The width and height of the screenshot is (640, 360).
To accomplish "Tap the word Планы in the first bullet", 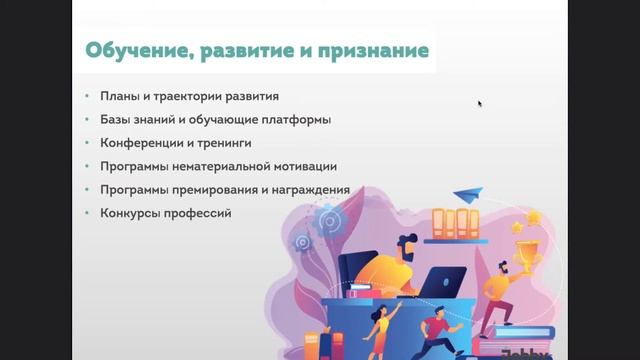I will click(121, 97).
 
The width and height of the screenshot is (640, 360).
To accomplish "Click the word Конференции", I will click(138, 143).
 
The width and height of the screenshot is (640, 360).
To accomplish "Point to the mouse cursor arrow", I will click(480, 103).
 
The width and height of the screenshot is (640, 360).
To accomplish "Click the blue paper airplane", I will click(467, 194).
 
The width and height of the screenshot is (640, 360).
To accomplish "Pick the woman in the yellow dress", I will click(379, 325).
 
